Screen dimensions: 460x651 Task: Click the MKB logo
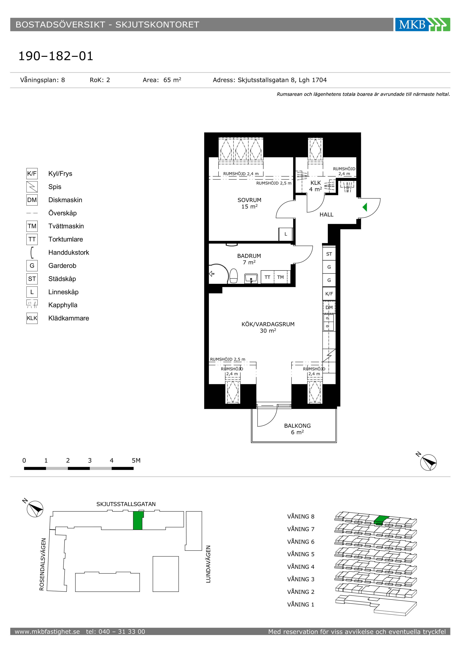[x=423, y=24]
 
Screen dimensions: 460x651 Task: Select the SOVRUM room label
[x=249, y=200]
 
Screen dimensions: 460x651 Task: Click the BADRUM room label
[x=249, y=256]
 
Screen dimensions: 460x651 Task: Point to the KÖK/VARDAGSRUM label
[x=268, y=324]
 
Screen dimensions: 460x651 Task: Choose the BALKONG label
[x=297, y=426]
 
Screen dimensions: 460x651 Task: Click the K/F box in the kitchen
[x=329, y=294]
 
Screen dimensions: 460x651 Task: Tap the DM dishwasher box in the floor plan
[x=329, y=307]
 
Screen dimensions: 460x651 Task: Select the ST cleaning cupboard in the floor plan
[x=329, y=254]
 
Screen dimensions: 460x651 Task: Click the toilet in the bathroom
[x=233, y=276]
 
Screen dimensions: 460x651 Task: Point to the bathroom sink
[x=251, y=278]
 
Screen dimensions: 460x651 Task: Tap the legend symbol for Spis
[x=32, y=187]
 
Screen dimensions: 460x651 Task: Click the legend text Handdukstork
[x=69, y=252]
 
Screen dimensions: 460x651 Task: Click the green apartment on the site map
[x=138, y=520]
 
